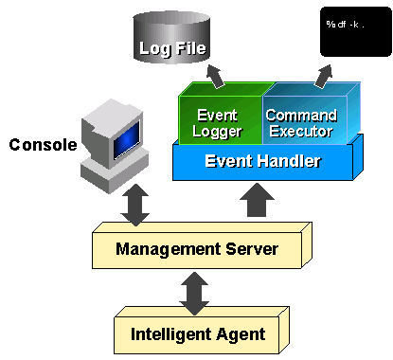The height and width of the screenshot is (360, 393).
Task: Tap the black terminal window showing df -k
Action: [x=349, y=28]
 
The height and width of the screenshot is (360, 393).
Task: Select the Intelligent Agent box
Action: [x=196, y=333]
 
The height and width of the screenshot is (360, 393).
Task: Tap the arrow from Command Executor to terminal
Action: [x=324, y=72]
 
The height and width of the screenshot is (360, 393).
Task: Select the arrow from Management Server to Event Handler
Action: [x=254, y=202]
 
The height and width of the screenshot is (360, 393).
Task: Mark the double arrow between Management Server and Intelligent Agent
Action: [x=196, y=292]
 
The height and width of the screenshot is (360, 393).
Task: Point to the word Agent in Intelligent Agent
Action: [x=243, y=333]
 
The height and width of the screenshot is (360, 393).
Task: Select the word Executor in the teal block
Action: [x=301, y=130]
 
